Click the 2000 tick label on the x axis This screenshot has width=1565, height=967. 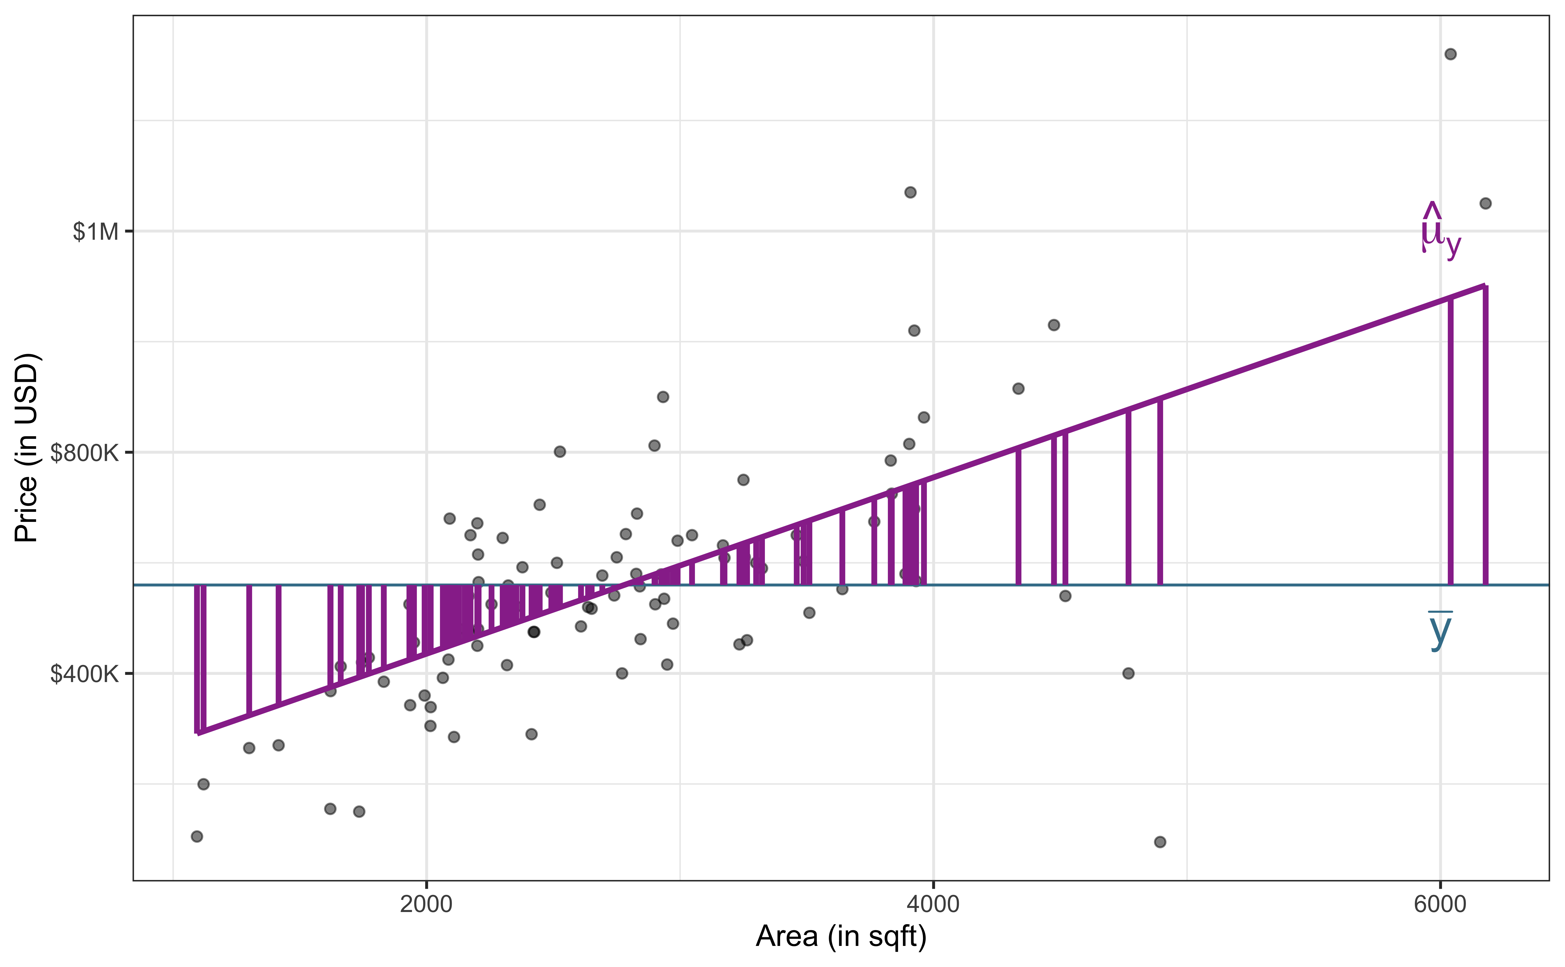pos(426,904)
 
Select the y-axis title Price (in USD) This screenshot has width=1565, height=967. pos(27,448)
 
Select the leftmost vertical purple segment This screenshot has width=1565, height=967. pos(197,659)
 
